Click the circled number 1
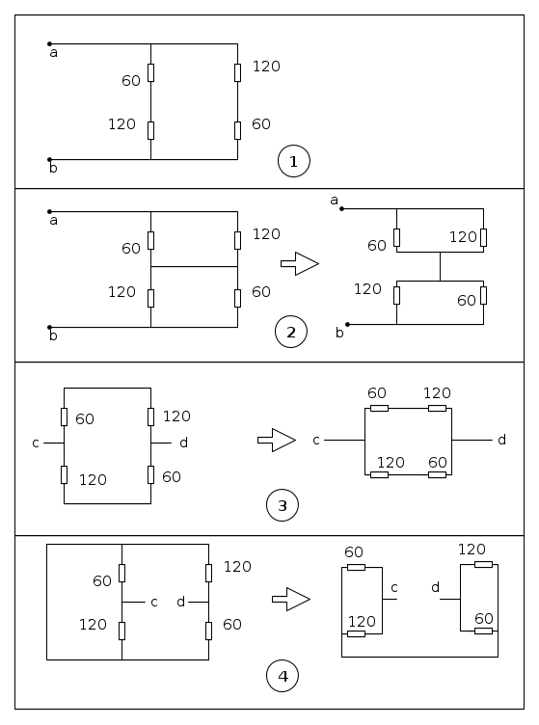(293, 161)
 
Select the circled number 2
(291, 332)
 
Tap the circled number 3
(283, 505)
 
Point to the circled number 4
(283, 676)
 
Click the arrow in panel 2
(300, 263)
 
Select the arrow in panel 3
(277, 440)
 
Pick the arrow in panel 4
(291, 599)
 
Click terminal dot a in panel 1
(49, 44)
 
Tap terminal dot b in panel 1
(49, 159)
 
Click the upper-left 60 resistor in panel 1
(150, 72)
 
